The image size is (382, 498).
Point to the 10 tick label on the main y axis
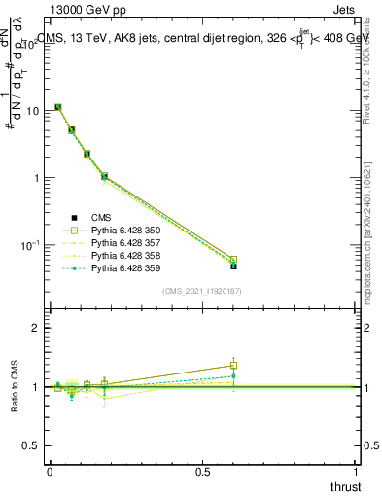coord(32,111)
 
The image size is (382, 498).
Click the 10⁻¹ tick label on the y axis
coord(30,244)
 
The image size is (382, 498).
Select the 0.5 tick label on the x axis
coord(203,472)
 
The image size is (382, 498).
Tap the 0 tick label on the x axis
coord(50,472)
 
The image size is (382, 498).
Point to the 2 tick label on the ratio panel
coord(38,328)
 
